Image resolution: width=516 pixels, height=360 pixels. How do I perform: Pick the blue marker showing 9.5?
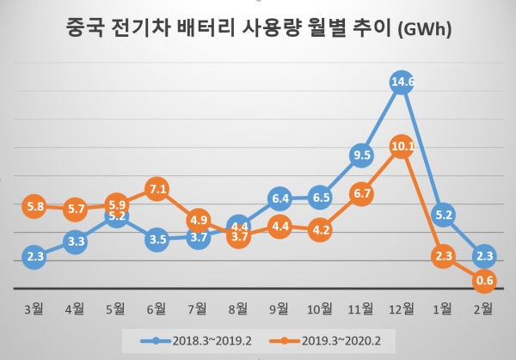pos(361,156)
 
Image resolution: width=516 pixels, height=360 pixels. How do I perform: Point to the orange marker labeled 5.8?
pos(34,207)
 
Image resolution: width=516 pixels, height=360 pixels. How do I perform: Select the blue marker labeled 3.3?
pos(76,242)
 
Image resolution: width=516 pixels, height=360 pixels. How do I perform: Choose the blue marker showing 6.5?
pos(320,198)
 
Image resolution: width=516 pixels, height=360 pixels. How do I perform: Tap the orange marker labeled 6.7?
pos(361,194)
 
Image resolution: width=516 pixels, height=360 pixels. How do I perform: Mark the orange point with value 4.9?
pos(199,218)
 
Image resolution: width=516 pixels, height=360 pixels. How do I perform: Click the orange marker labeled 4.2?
pos(320,229)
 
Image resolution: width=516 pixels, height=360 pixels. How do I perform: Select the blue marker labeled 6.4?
pos(279,198)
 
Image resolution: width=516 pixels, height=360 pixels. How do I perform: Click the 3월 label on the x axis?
pos(34,306)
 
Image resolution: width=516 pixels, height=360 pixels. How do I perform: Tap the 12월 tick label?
pos(402,306)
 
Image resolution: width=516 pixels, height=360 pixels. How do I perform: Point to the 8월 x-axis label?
pos(239,306)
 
